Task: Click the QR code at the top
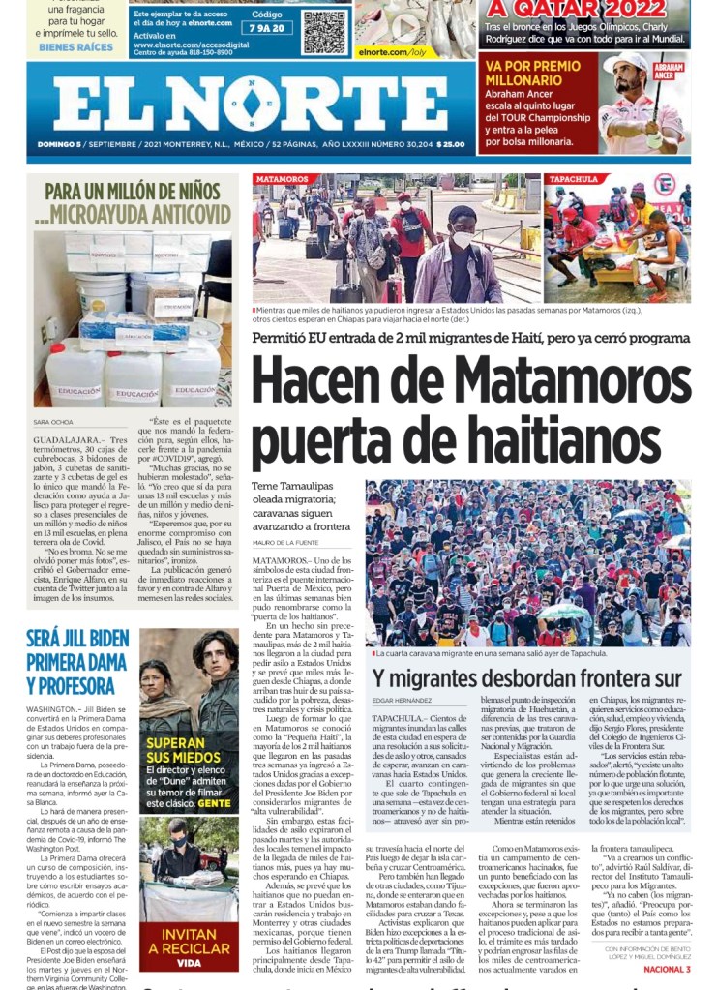[x=323, y=31]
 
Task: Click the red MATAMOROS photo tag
[x=283, y=179]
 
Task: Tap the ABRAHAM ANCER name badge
[x=670, y=70]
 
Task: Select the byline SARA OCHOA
[x=53, y=422]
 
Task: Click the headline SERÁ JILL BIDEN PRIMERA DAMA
[x=77, y=662]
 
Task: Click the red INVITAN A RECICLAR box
[x=189, y=946]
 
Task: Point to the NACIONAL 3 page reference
[x=667, y=969]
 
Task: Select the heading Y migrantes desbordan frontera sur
[x=527, y=678]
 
